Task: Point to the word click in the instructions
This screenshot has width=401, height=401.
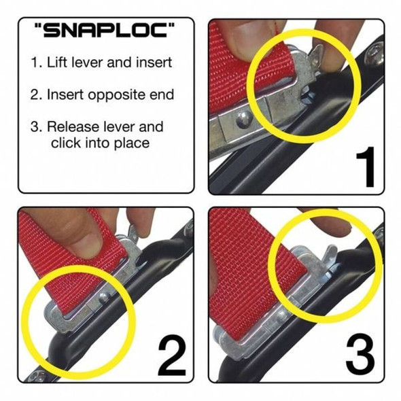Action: point(66,143)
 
